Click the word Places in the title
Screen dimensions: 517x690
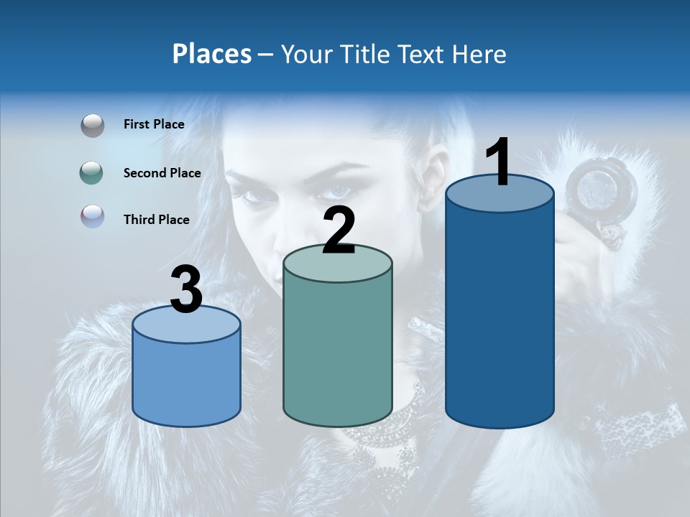(x=212, y=54)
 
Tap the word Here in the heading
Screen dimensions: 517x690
(x=479, y=54)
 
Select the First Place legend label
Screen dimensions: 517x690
(x=154, y=124)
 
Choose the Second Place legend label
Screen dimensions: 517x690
(x=162, y=172)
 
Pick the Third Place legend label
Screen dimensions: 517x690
(x=156, y=220)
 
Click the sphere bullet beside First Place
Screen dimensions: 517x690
(x=93, y=125)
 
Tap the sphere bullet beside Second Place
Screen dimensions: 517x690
(x=93, y=172)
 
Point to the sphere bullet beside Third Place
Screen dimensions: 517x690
(x=93, y=216)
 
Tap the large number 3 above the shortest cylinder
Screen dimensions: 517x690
(x=186, y=289)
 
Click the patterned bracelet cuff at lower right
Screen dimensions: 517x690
(x=632, y=431)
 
